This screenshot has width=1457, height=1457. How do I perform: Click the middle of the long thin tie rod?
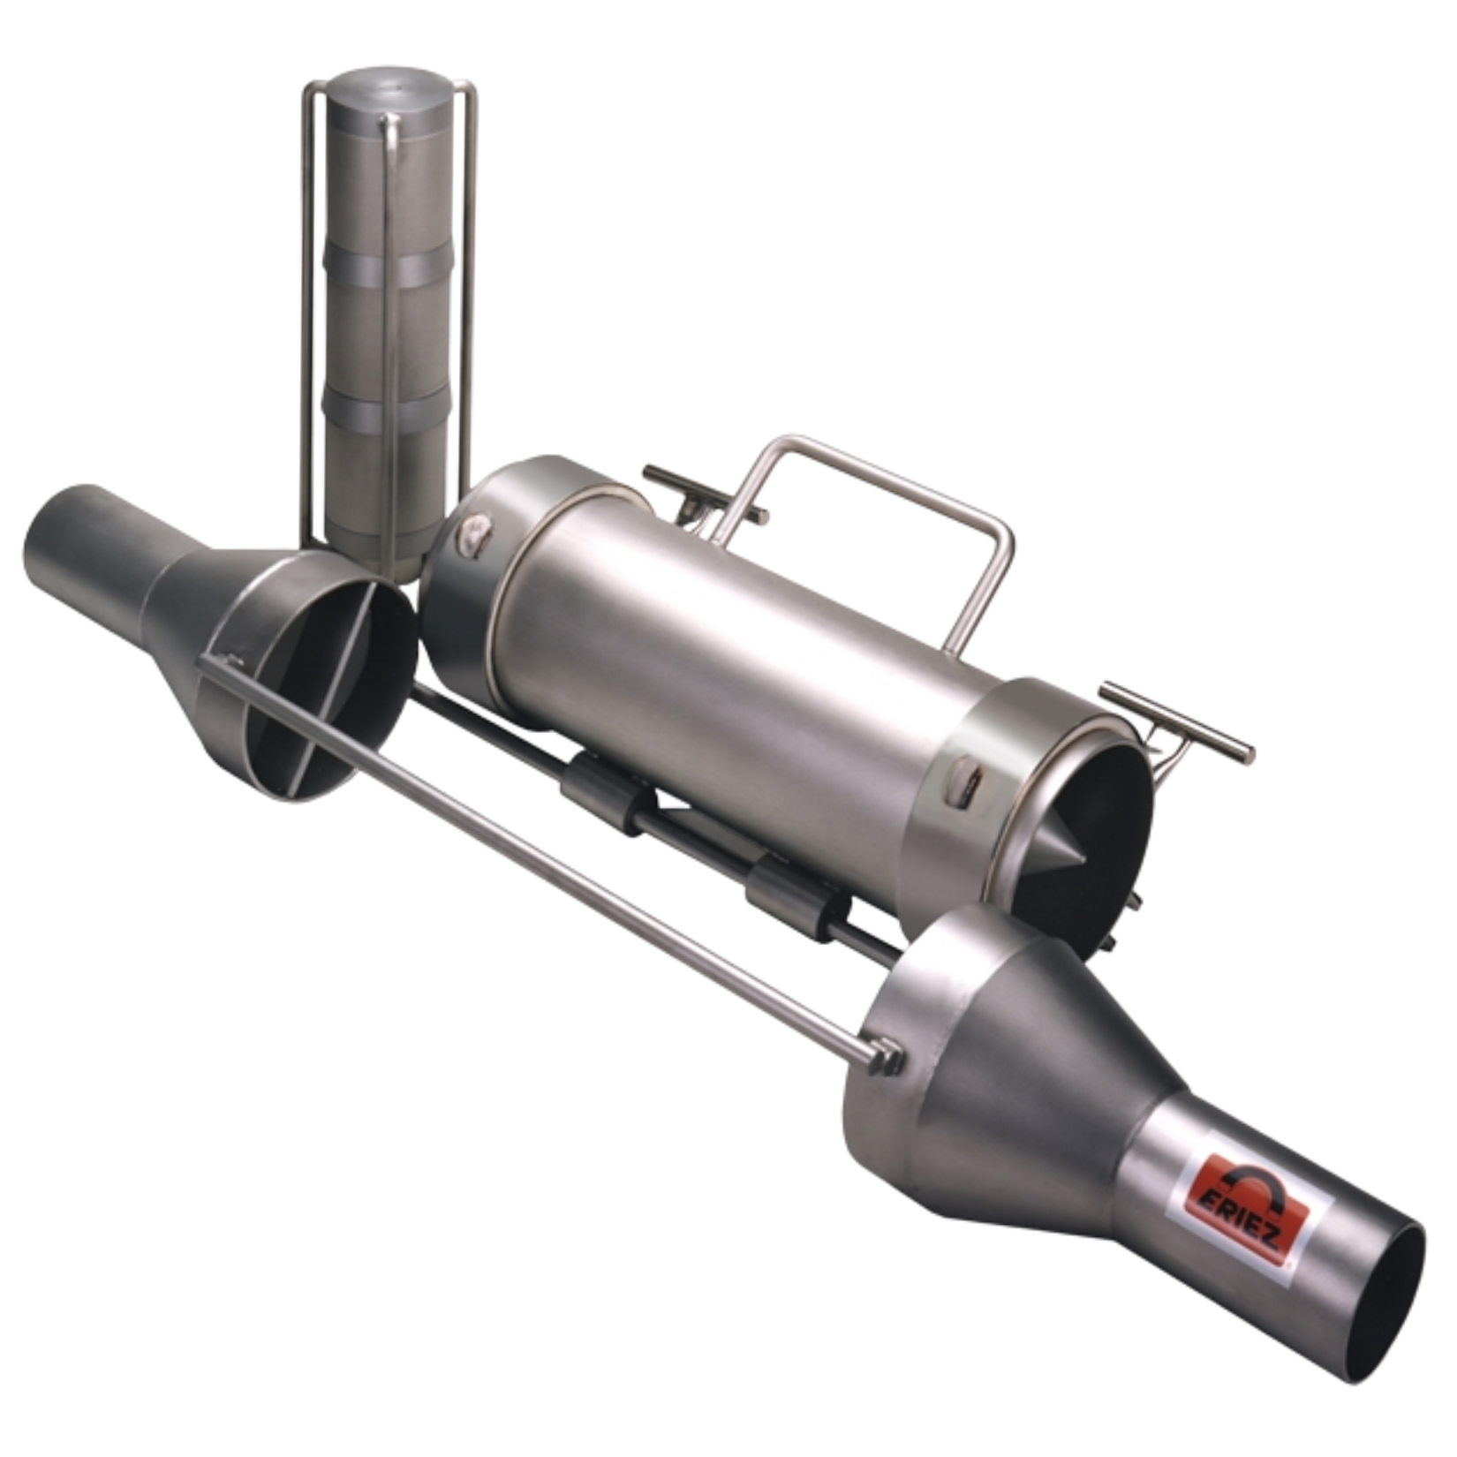coord(547,857)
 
